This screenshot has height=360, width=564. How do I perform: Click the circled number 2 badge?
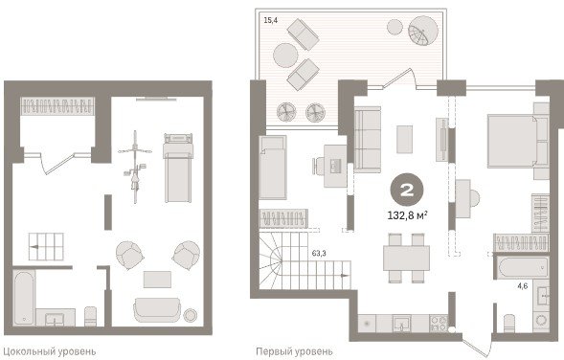pyautogui.click(x=407, y=190)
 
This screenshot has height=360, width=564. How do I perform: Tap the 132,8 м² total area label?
pyautogui.click(x=407, y=215)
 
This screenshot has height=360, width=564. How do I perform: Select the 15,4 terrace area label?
pyautogui.click(x=270, y=20)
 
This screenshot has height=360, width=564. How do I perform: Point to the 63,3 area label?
pyautogui.click(x=319, y=253)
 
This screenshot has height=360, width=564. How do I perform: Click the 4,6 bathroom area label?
pyautogui.click(x=523, y=286)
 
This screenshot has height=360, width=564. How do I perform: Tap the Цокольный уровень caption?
pyautogui.click(x=49, y=351)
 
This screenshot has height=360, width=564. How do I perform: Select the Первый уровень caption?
pyautogui.click(x=294, y=351)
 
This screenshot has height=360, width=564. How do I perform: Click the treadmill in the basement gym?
pyautogui.click(x=178, y=168)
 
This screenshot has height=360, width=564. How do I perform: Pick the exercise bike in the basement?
pyautogui.click(x=135, y=167)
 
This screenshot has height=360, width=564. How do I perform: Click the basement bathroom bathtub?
pyautogui.click(x=24, y=297)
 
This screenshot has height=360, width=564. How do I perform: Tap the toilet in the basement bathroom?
pyautogui.click(x=90, y=316)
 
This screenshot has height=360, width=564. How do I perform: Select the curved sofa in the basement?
pyautogui.click(x=157, y=309)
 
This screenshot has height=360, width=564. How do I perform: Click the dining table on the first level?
pyautogui.click(x=406, y=258)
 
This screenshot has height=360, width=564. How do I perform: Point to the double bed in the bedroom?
pyautogui.click(x=512, y=141)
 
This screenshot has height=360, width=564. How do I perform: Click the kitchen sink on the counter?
pyautogui.click(x=401, y=323)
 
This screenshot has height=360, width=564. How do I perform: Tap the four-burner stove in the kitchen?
pyautogui.click(x=439, y=323)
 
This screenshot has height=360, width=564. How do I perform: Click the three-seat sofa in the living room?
pyautogui.click(x=368, y=140)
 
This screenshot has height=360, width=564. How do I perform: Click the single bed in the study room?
pyautogui.click(x=273, y=168)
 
